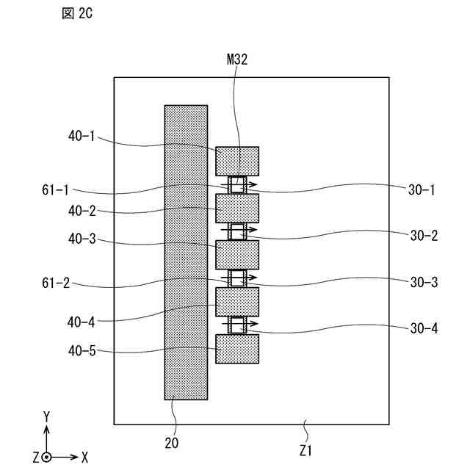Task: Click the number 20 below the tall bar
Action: tap(172, 443)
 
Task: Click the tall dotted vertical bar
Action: tap(186, 252)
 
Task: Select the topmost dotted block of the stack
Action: tap(237, 161)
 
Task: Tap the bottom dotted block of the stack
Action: tap(237, 349)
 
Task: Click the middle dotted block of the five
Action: tap(237, 255)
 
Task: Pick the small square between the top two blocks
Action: tap(237, 185)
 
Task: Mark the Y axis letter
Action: tap(46, 416)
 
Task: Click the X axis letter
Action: tap(84, 457)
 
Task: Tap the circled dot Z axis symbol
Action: tap(46, 457)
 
